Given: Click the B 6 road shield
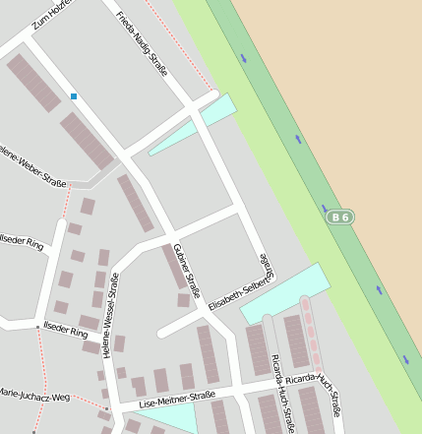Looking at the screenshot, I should click(x=340, y=217).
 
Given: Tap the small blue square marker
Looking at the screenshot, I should click(x=74, y=96).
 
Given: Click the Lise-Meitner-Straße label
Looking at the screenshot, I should click(x=177, y=399).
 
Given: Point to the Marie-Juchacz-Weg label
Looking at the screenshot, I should click(x=34, y=397).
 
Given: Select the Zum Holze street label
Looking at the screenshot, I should click(x=52, y=16).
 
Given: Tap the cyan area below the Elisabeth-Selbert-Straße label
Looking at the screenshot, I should click(x=285, y=292).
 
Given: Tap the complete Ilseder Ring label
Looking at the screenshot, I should click(x=65, y=333).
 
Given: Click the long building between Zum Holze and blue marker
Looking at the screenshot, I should click(x=34, y=82).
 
